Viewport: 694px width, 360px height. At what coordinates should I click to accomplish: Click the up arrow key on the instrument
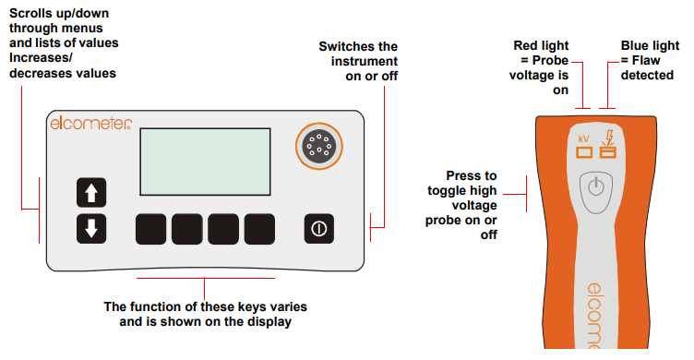tap(90, 193)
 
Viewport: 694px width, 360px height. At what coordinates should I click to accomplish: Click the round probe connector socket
tap(317, 147)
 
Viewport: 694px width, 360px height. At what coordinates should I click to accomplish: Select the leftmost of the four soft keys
tap(152, 228)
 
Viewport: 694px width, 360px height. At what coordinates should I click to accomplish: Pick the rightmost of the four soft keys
tap(261, 228)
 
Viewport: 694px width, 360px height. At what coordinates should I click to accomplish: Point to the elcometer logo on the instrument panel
tap(91, 123)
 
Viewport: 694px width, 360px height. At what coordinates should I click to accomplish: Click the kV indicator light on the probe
tap(582, 153)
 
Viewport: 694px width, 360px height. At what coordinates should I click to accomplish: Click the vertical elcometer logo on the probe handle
tap(595, 314)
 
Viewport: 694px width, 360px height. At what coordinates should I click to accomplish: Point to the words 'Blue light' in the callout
tap(648, 44)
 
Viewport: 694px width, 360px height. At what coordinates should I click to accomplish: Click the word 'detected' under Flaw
tap(647, 74)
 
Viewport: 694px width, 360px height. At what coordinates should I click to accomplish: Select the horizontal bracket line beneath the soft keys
tap(206, 276)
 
